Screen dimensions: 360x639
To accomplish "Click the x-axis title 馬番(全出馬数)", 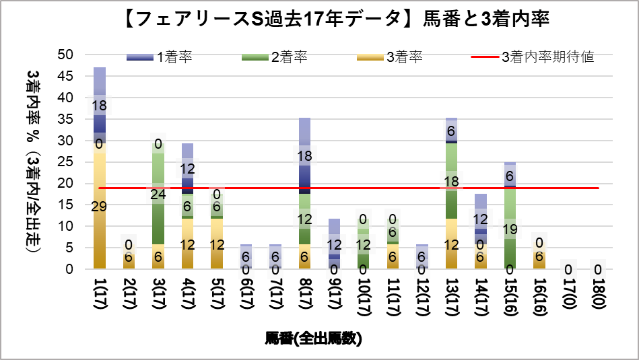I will (x=314, y=338).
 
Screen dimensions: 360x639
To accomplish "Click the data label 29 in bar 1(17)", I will (x=99, y=207).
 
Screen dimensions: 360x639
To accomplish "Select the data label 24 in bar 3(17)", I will (x=158, y=195).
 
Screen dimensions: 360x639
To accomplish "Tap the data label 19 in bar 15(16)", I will (x=510, y=228).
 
